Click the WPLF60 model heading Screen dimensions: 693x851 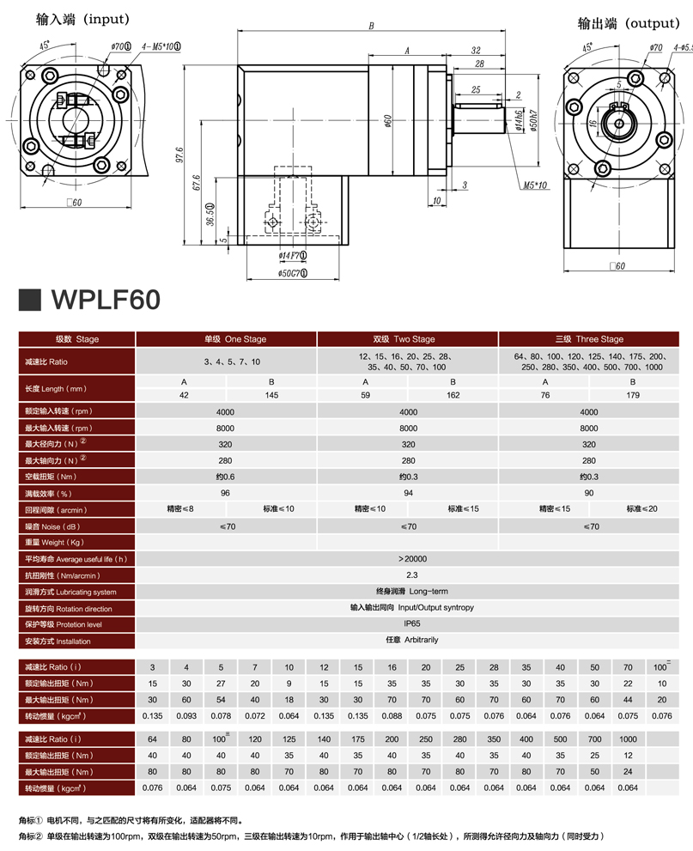(x=106, y=300)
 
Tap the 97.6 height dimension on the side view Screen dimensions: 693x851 (x=179, y=155)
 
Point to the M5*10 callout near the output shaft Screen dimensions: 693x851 (x=535, y=185)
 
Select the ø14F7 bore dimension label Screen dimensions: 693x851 (x=293, y=255)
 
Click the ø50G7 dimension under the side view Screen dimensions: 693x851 (x=293, y=273)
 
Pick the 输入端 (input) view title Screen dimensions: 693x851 (x=82, y=20)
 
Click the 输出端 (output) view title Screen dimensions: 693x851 (x=629, y=23)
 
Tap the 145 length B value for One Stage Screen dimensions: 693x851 (x=271, y=395)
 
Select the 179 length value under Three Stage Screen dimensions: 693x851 (x=633, y=395)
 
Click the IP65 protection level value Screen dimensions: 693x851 (x=412, y=623)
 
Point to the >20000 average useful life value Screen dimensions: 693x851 (x=412, y=559)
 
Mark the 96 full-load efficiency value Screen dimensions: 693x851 (x=225, y=493)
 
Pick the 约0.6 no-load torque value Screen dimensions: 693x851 (x=225, y=477)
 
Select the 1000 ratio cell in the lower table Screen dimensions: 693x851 (x=628, y=739)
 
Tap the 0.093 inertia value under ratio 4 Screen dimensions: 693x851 (x=186, y=716)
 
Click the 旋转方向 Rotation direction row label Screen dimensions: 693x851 (x=69, y=609)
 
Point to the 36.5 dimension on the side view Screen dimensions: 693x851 (x=210, y=215)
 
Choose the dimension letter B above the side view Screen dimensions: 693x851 (x=371, y=26)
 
